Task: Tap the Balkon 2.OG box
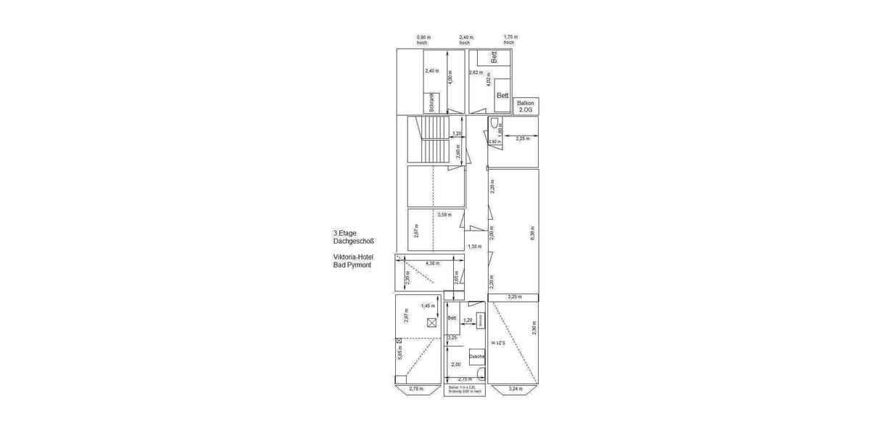coord(526,106)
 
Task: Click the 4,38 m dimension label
coord(433,263)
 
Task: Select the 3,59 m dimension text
coord(445,215)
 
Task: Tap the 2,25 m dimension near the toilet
coord(522,138)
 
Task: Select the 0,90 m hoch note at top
coord(423,39)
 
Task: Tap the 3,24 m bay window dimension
coord(515,389)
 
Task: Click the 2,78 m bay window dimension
coord(415,389)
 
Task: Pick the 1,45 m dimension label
coord(428,305)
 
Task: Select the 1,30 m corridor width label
coord(474,246)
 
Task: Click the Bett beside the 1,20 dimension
coord(452,318)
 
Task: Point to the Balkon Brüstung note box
coord(465,390)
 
